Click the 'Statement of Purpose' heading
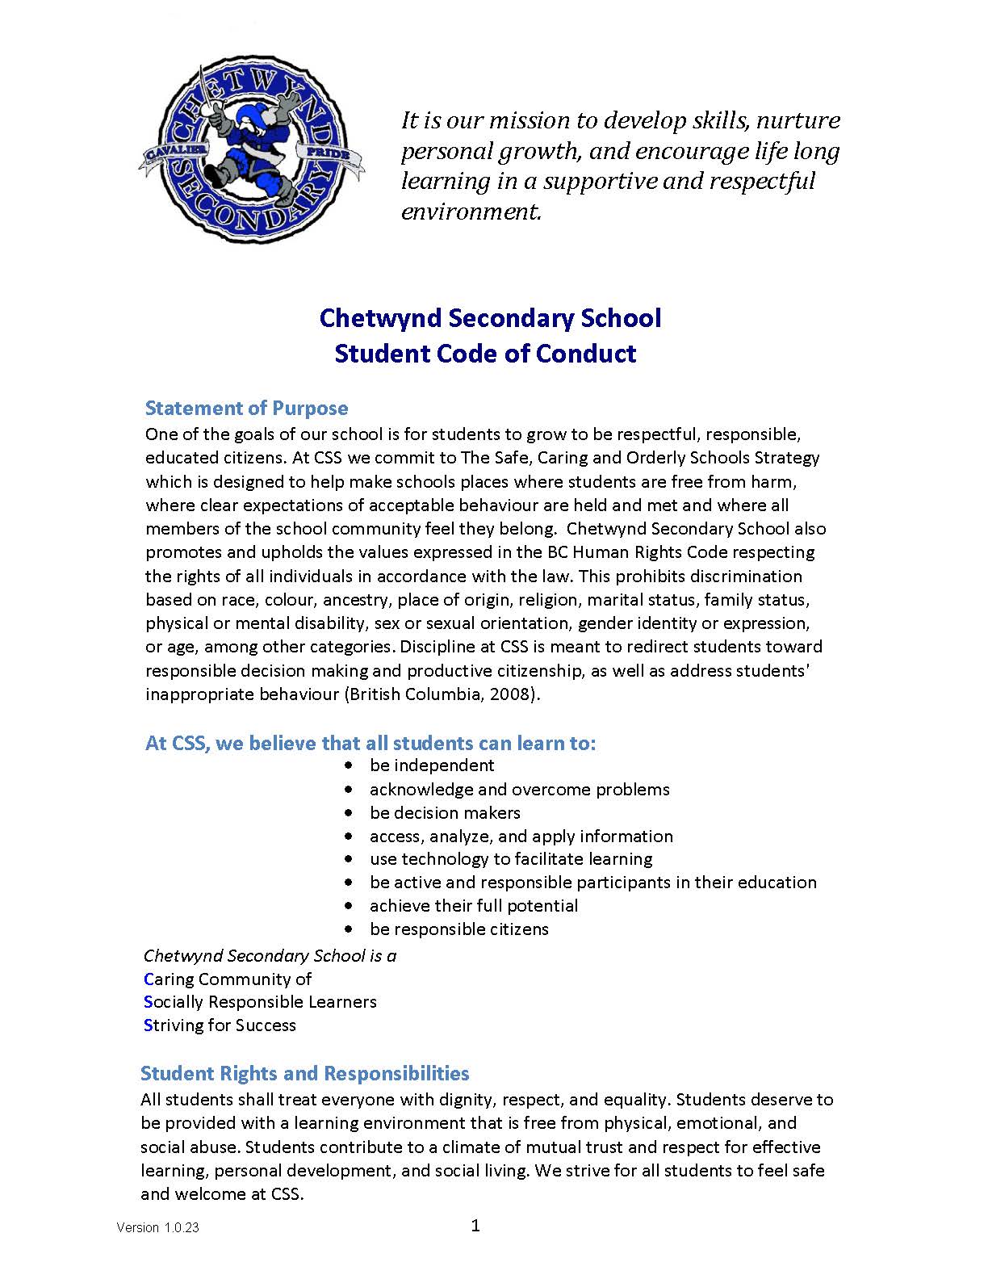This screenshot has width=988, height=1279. pyautogui.click(x=246, y=408)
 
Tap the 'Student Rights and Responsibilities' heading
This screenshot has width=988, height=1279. pyautogui.click(x=304, y=1073)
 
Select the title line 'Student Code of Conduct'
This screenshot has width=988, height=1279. pyautogui.click(x=485, y=354)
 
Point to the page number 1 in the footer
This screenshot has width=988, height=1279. pyautogui.click(x=475, y=1226)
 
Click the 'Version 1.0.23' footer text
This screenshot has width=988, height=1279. pyautogui.click(x=157, y=1228)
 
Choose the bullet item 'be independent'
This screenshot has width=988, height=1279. pyautogui.click(x=432, y=765)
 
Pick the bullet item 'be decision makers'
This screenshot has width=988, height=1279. pyautogui.click(x=445, y=812)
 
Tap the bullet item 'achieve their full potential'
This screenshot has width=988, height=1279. pyautogui.click(x=474, y=906)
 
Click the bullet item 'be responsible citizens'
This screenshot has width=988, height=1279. pyautogui.click(x=458, y=929)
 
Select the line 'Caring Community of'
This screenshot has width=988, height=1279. pyautogui.click(x=228, y=979)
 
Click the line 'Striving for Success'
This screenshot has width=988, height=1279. pyautogui.click(x=220, y=1025)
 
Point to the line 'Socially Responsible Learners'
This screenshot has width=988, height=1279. pyautogui.click(x=260, y=1002)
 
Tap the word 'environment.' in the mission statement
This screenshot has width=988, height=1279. pyautogui.click(x=471, y=212)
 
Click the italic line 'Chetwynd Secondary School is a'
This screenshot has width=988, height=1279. pyautogui.click(x=270, y=956)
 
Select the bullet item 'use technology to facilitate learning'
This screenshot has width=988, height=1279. pyautogui.click(x=511, y=859)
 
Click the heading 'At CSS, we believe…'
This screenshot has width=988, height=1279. pyautogui.click(x=370, y=743)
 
